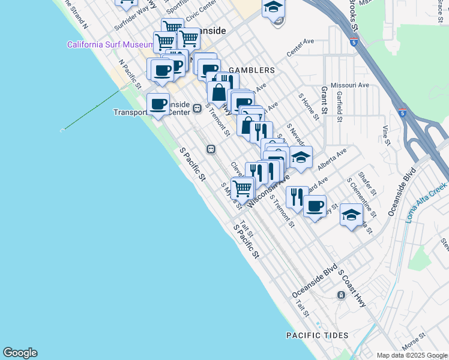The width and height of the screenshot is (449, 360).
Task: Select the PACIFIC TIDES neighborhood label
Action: point(317,334)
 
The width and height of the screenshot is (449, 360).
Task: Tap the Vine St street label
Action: point(387,136)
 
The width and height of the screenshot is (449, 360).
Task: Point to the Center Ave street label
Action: point(301,48)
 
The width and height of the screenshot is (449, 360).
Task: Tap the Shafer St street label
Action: point(367,184)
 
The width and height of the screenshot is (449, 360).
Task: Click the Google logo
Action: point(20,353)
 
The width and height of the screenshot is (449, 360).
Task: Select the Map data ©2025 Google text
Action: point(412,355)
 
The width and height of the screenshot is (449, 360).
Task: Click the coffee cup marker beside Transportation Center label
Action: point(158,104)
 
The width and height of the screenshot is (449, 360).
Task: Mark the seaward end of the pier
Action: point(62,130)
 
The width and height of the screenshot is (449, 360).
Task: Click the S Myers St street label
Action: point(231,196)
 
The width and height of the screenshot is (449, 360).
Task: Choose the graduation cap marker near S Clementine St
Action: point(352,215)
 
